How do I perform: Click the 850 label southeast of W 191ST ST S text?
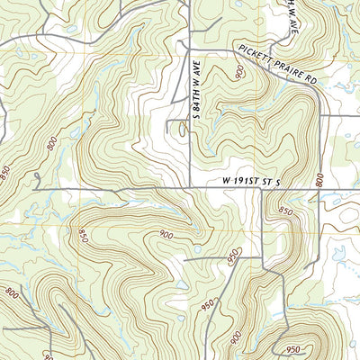point(286,211)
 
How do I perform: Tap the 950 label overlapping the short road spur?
point(234,253)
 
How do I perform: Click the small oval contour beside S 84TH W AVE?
point(183,130)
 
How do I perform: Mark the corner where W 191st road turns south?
point(262,189)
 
